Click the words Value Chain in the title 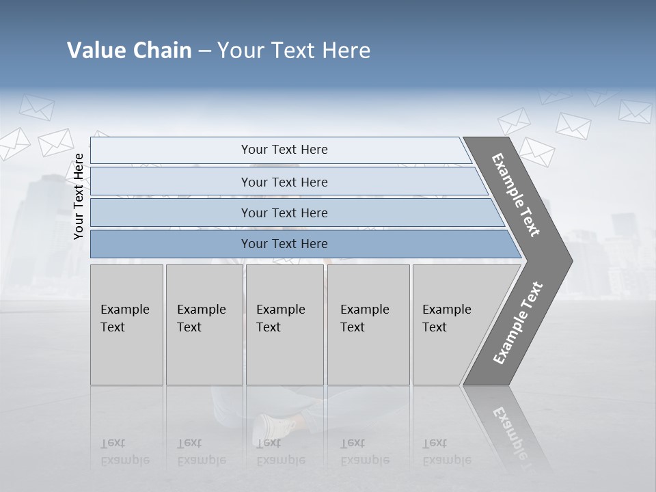(x=129, y=51)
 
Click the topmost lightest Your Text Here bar (x=284, y=150)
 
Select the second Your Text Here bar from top (x=284, y=182)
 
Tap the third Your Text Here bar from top (x=284, y=213)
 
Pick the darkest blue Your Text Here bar (x=284, y=244)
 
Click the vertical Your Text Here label (x=79, y=196)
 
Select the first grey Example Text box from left (x=126, y=325)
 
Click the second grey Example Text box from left (x=204, y=325)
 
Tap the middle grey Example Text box (x=284, y=325)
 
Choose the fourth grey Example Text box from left (x=368, y=325)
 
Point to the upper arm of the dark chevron (x=517, y=195)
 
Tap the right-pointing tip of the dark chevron (x=566, y=261)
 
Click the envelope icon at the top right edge (x=635, y=111)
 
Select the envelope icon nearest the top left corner (x=36, y=107)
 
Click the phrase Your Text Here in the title (x=294, y=51)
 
